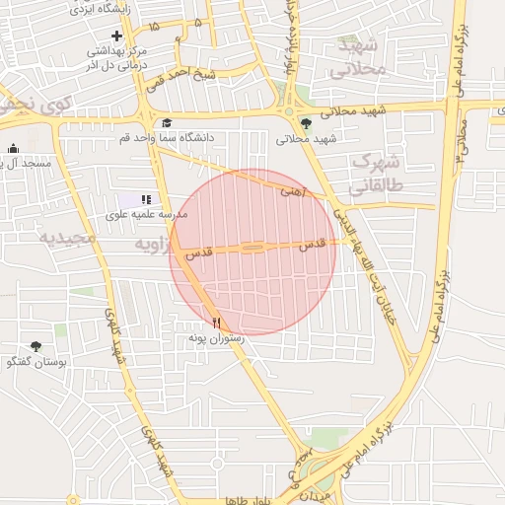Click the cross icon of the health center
(x=116, y=36)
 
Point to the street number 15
(x=153, y=25)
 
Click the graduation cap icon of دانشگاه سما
(x=167, y=123)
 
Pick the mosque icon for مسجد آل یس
(x=14, y=150)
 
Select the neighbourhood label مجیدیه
(x=67, y=239)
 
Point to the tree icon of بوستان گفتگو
(x=36, y=346)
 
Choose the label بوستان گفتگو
(x=36, y=362)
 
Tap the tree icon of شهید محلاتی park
(x=306, y=123)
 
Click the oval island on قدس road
(x=253, y=248)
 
